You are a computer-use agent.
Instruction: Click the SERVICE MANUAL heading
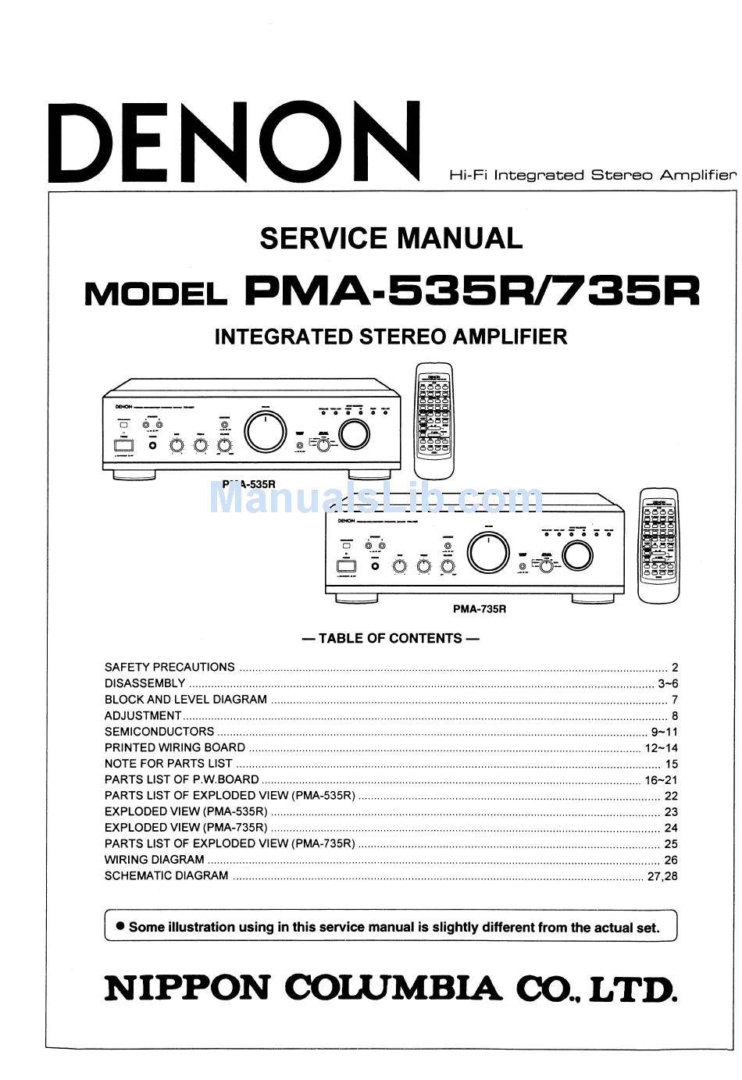point(391,238)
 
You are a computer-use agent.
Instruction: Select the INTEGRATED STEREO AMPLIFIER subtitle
point(391,337)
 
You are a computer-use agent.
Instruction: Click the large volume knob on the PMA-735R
point(488,552)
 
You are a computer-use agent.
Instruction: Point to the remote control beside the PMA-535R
point(433,421)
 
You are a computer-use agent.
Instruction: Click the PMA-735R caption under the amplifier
point(480,609)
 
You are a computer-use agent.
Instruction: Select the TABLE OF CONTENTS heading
point(391,638)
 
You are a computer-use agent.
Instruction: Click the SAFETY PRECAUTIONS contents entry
point(169,667)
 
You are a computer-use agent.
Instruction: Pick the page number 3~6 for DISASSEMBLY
point(668,683)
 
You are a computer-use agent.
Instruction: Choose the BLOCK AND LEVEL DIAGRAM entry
point(186,700)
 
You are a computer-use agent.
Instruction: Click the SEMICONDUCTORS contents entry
point(159,732)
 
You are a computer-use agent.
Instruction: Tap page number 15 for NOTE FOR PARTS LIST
point(672,764)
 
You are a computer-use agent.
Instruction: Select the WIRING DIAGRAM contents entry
point(155,860)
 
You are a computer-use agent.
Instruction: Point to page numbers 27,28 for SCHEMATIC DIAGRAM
point(662,876)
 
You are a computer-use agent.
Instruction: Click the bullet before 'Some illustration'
point(120,926)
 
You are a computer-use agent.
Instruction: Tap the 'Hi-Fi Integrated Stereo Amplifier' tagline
point(592,176)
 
